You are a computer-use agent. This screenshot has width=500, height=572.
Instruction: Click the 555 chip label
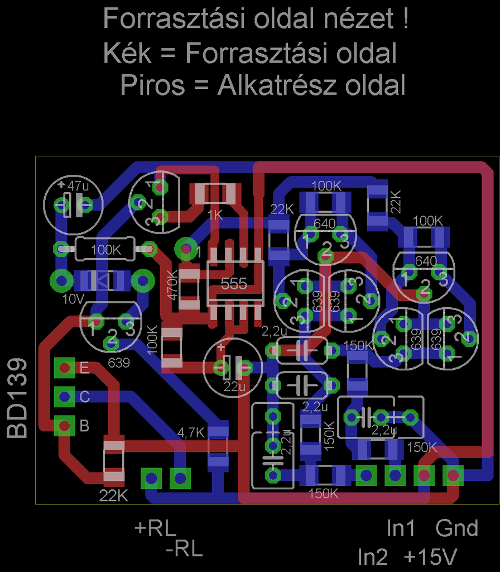233,284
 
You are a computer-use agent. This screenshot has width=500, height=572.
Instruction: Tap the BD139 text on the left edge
17,398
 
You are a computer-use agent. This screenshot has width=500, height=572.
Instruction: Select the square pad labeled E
65,368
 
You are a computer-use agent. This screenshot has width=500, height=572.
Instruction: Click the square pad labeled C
65,397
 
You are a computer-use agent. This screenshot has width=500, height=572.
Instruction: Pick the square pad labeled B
65,426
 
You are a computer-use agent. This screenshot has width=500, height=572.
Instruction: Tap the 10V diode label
73,299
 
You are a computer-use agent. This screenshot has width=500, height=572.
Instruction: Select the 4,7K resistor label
191,432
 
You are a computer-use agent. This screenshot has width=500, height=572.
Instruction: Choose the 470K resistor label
172,285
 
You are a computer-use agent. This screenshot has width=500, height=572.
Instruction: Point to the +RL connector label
155,527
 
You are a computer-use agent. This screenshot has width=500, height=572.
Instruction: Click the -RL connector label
184,551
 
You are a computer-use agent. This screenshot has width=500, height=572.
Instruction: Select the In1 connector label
401,528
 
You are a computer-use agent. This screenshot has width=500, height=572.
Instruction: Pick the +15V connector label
430,557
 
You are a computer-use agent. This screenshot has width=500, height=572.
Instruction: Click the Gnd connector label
457,528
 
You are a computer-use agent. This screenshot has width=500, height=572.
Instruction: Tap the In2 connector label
373,557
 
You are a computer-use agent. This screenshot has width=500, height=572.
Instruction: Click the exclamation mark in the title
403,20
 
